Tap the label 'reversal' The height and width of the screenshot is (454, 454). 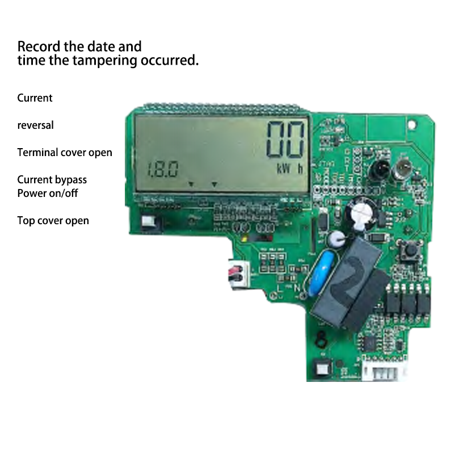click(35, 125)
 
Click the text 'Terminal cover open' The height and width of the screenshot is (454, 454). click(65, 152)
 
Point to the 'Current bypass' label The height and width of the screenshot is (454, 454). click(52, 179)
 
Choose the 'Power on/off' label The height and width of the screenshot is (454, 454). click(48, 193)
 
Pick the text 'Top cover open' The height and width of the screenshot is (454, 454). click(53, 220)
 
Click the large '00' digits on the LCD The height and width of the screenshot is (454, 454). click(287, 140)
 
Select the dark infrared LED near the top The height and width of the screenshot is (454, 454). click(377, 168)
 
